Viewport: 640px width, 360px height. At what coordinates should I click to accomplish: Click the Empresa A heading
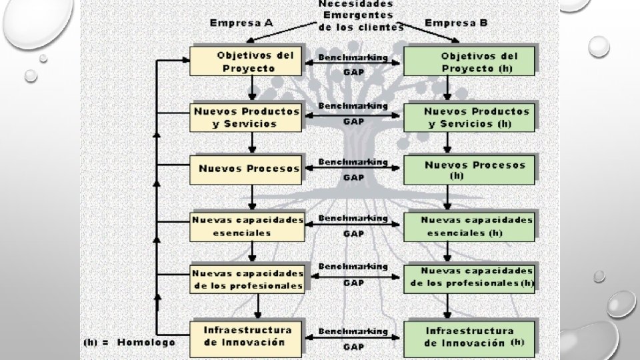tap(241, 23)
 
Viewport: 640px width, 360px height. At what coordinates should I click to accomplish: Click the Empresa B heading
tap(456, 23)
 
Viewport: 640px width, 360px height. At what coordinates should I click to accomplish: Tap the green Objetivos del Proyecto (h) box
tap(470, 61)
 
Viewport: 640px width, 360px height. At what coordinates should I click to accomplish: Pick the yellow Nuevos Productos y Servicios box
tap(247, 117)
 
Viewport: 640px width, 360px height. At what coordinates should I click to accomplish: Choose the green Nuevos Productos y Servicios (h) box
tap(470, 117)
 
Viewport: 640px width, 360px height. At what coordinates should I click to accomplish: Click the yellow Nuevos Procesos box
tap(247, 169)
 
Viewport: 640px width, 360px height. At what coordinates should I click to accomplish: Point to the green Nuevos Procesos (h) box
tap(470, 170)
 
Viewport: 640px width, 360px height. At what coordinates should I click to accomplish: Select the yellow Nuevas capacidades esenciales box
tap(247, 226)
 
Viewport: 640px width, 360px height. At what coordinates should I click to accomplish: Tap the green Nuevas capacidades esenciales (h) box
tap(470, 226)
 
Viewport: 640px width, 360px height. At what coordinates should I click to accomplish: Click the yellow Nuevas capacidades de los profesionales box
tap(247, 279)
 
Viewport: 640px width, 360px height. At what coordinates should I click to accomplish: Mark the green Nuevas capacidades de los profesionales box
tap(470, 277)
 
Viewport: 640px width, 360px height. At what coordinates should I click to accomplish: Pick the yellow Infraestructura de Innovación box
tap(247, 336)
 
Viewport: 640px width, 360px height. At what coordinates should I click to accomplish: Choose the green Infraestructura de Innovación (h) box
tap(470, 337)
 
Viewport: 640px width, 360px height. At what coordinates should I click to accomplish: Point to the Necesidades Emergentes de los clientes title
tap(361, 15)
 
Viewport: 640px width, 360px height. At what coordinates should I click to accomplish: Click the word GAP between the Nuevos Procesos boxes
tap(353, 177)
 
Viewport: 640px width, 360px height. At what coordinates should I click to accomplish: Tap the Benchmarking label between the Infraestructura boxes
tap(353, 331)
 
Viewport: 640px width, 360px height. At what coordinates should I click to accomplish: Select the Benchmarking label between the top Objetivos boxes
tap(353, 57)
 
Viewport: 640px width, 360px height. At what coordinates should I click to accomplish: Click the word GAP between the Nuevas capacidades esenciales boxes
tap(353, 233)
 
